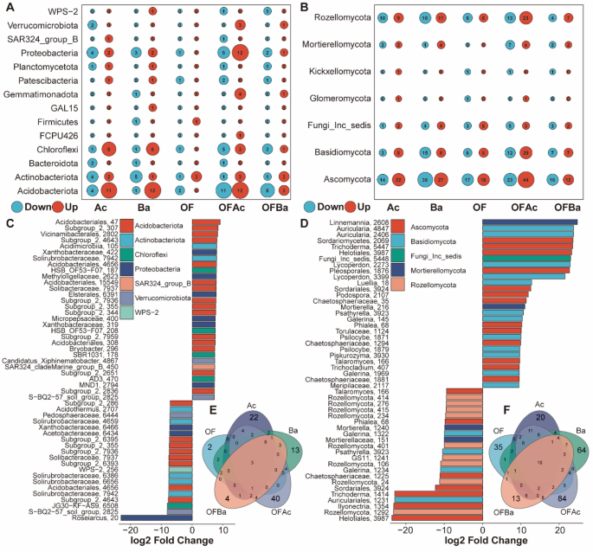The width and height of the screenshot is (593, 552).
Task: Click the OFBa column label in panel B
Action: coord(567,208)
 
